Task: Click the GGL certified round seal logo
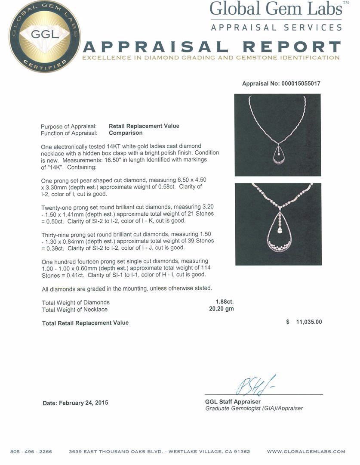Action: pyautogui.click(x=44, y=37)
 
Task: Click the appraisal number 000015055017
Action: pyautogui.click(x=281, y=84)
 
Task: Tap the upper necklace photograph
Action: pyautogui.click(x=277, y=135)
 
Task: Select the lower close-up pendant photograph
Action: pyautogui.click(x=278, y=224)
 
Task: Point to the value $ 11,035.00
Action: pyautogui.click(x=304, y=322)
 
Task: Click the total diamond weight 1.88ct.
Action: pyautogui.click(x=225, y=302)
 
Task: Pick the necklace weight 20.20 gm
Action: pyautogui.click(x=222, y=309)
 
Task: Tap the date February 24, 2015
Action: pyautogui.click(x=75, y=403)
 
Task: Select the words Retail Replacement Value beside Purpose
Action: pyautogui.click(x=144, y=126)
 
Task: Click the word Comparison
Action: pyautogui.click(x=126, y=133)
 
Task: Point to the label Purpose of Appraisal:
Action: pyautogui.click(x=68, y=127)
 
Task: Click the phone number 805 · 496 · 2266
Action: pyautogui.click(x=31, y=452)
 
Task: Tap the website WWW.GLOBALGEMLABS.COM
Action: pyautogui.click(x=306, y=452)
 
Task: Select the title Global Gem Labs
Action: pyautogui.click(x=276, y=9)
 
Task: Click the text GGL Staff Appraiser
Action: pyautogui.click(x=233, y=402)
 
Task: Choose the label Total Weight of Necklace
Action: pyautogui.click(x=75, y=310)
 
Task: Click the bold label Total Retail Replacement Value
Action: pyautogui.click(x=85, y=323)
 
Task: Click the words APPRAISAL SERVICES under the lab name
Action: pyautogui.click(x=276, y=28)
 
